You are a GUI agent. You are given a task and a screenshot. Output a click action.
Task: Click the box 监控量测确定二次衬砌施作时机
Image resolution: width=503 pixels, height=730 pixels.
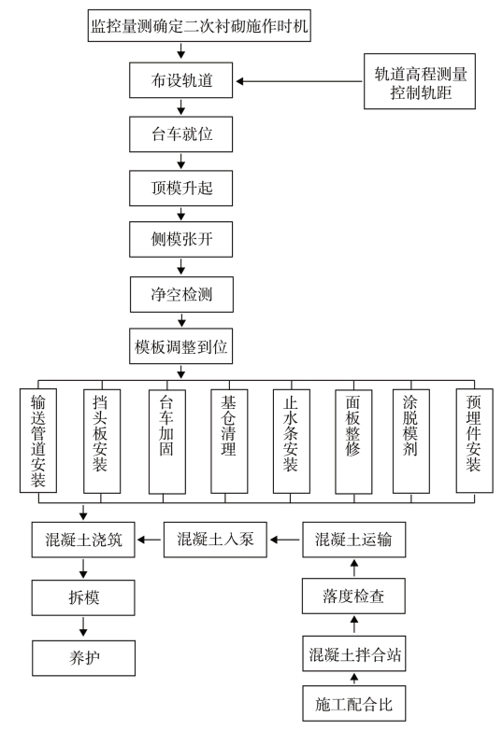coord(199,25)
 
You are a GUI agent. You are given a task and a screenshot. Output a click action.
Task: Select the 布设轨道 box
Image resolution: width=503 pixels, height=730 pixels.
coord(180,80)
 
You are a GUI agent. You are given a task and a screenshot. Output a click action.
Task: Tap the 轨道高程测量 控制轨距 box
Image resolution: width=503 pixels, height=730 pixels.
coord(420,81)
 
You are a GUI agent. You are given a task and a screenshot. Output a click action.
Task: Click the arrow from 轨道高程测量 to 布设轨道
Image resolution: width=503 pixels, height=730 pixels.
coord(299,81)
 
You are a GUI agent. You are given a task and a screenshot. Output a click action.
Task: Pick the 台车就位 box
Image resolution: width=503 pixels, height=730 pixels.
coord(180,134)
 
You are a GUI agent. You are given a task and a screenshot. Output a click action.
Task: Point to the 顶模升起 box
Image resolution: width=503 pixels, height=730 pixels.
coord(180,188)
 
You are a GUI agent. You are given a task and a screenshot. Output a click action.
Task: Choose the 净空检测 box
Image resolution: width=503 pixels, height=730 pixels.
coord(181,295)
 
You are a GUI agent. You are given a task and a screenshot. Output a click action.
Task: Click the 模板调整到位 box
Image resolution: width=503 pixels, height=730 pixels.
coord(180,346)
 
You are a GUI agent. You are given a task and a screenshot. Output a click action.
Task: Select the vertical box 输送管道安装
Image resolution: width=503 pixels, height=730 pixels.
coord(38,441)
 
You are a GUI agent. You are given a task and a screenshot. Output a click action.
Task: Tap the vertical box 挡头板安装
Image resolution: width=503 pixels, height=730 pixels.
coord(102,442)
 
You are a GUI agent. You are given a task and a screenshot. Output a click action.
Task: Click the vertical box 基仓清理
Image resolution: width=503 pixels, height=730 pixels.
coord(229,442)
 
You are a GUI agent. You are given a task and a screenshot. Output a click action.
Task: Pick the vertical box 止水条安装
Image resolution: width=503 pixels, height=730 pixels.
coord(292,442)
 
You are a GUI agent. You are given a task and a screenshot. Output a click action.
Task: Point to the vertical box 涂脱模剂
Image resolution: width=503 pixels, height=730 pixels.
coord(411,442)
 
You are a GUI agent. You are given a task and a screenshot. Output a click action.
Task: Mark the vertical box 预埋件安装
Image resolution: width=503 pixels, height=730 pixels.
coord(475,441)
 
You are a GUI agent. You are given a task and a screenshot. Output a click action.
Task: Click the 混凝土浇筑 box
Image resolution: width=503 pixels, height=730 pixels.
coord(83,540)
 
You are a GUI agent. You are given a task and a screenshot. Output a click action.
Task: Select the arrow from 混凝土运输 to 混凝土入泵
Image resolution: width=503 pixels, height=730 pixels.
coord(285,540)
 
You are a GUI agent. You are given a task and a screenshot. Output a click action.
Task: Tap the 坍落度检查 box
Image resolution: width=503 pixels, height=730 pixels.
coord(353,596)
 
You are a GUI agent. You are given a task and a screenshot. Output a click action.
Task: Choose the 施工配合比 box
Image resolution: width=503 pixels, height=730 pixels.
coord(354,704)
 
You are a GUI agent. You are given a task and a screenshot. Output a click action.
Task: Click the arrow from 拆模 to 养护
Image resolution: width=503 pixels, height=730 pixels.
coord(83,626)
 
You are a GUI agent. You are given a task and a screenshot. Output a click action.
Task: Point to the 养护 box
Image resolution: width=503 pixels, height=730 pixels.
coord(84,658)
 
